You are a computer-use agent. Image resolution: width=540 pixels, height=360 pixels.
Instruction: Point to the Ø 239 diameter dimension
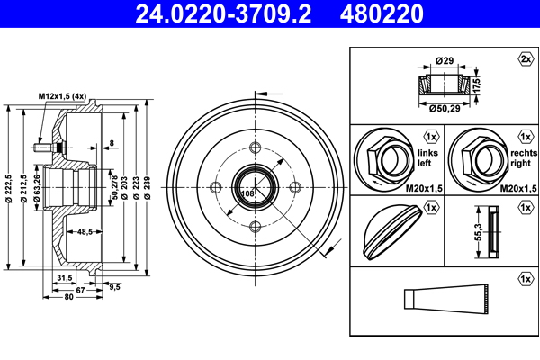coord(148,189)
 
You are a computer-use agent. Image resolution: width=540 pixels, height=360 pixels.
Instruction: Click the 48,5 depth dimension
coord(86,231)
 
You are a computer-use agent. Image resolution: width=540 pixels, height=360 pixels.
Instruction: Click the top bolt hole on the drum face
coord(255,148)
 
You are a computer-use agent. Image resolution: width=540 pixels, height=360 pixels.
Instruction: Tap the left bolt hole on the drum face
coord(215,188)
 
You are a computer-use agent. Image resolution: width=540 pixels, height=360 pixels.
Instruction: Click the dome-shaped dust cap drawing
coord(388,229)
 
